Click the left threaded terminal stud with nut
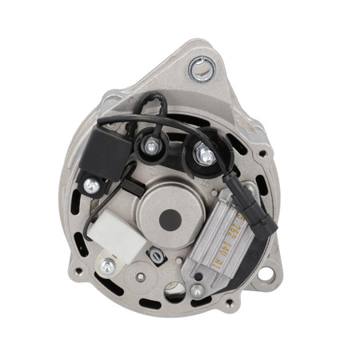150,146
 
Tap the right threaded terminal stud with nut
206,156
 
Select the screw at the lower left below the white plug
106,266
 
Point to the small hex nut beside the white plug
157,257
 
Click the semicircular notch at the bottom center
174,294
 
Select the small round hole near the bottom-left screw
142,278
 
